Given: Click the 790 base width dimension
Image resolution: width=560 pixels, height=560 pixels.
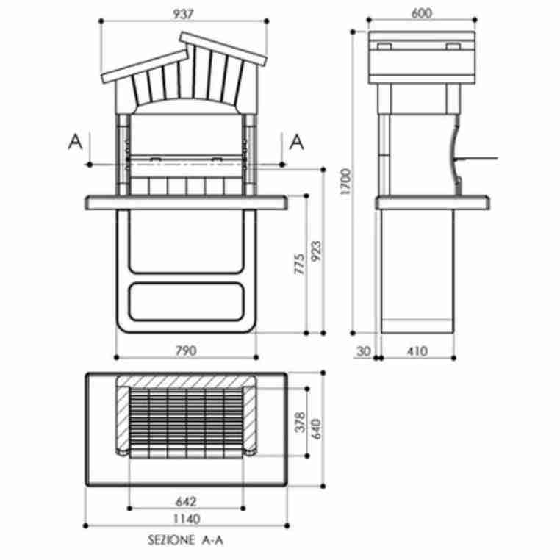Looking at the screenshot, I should [x=186, y=351].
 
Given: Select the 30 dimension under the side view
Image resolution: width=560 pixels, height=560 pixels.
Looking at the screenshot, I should [x=363, y=351].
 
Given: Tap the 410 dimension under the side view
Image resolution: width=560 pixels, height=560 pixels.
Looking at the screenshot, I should [x=416, y=351].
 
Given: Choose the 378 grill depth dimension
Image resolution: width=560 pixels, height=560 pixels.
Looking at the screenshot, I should [x=299, y=423].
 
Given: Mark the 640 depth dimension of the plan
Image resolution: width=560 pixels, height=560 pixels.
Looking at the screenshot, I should [x=317, y=428].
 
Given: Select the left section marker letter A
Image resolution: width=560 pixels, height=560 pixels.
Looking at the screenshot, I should [x=74, y=142].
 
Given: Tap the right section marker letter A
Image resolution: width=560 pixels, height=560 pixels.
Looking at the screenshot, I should [x=297, y=142].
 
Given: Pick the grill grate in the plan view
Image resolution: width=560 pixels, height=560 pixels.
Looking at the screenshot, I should [x=185, y=423].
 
